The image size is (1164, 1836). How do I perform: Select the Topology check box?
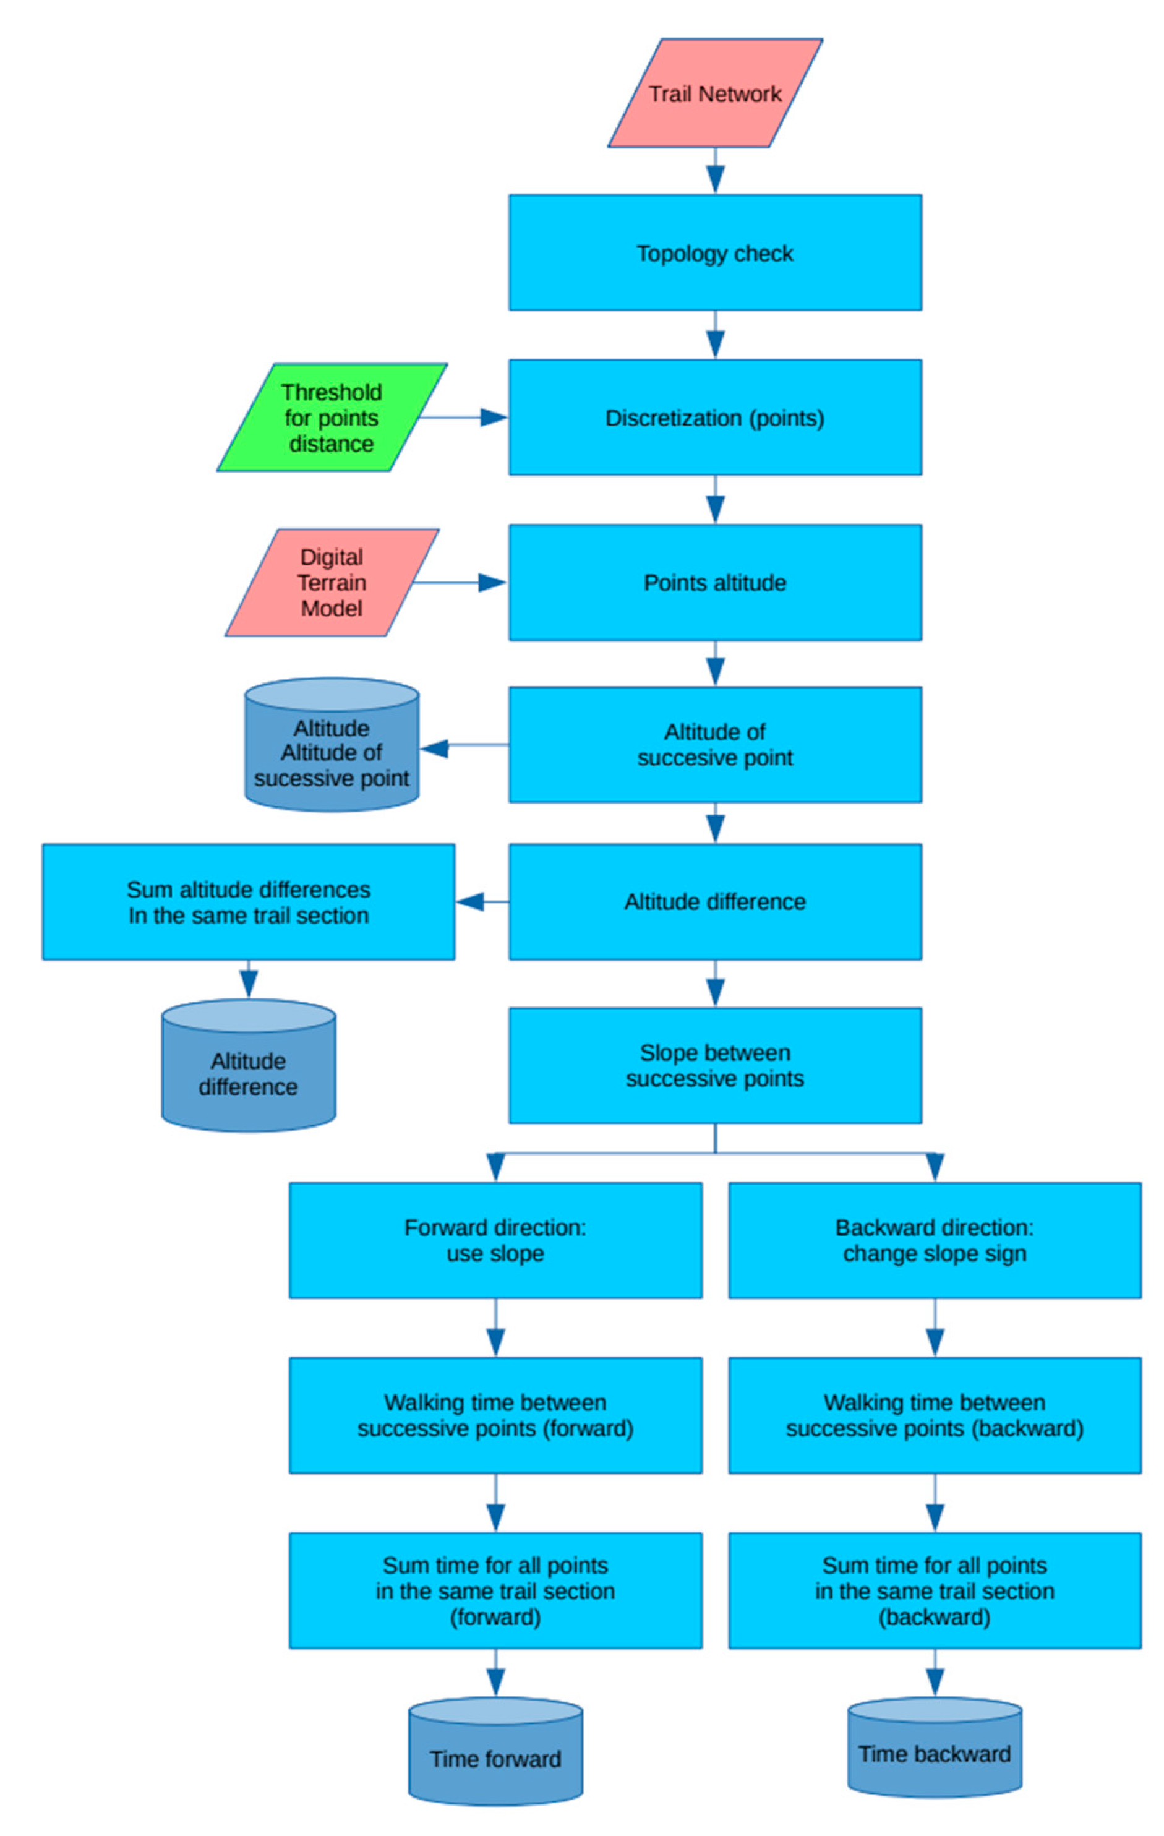point(714,252)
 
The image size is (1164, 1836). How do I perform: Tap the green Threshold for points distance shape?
point(332,417)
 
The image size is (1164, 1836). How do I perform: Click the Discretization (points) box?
point(714,417)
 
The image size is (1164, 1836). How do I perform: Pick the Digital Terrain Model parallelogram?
point(332,583)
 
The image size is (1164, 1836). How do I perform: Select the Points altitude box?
point(714,583)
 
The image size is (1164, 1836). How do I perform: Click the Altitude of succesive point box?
point(714,744)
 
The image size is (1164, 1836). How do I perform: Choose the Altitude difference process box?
point(714,901)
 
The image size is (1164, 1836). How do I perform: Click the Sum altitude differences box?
point(249,901)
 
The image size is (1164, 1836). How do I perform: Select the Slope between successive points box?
point(714,1065)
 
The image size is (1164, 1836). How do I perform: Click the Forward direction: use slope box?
point(495,1240)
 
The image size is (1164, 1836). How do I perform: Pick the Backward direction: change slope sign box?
point(935,1240)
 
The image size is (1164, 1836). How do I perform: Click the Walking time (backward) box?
point(935,1415)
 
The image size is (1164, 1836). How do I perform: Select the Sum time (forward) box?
point(495,1590)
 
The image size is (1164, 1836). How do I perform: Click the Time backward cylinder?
point(935,1754)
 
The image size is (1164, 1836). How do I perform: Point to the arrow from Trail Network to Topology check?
point(714,171)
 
